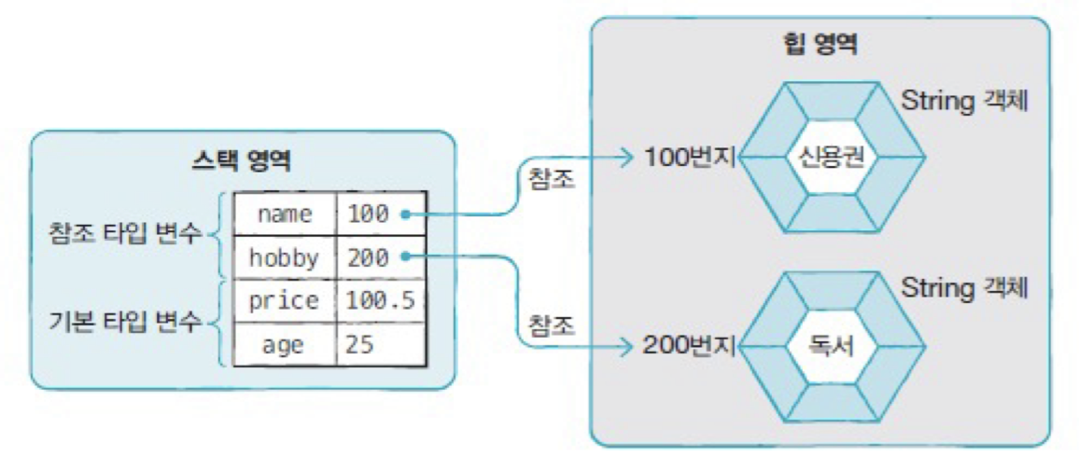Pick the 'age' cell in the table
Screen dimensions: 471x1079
tap(283, 345)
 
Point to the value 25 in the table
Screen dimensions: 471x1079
tap(359, 345)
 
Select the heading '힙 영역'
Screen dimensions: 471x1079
tap(820, 44)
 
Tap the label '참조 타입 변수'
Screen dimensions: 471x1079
tap(125, 233)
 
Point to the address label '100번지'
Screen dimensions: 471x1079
tap(690, 159)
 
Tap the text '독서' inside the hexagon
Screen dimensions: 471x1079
tap(821, 349)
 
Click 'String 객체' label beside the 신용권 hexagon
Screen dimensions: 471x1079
tap(964, 101)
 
